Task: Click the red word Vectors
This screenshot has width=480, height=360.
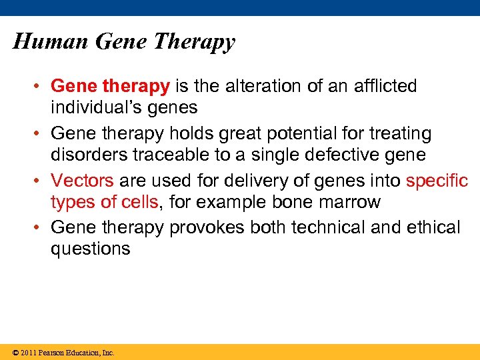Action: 82,181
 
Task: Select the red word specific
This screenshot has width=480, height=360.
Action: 437,181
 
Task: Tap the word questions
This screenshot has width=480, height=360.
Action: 90,249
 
